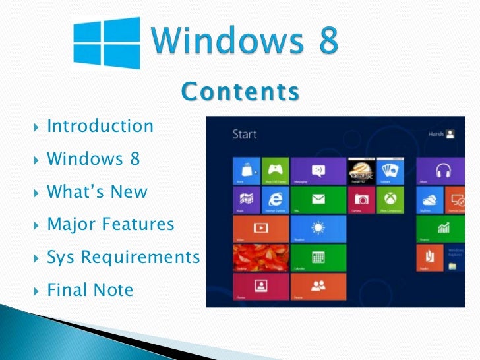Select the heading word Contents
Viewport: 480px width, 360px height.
pos(240,92)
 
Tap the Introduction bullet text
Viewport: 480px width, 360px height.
pos(100,125)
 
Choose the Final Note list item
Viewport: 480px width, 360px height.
pos(90,289)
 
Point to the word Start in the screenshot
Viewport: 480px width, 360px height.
pos(245,135)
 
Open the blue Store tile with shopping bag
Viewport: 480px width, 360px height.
pos(247,170)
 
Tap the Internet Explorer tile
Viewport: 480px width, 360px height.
pos(275,199)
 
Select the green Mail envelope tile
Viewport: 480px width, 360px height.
pos(318,199)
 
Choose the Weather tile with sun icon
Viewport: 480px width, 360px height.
pos(318,228)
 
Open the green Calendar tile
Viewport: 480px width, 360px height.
pos(318,257)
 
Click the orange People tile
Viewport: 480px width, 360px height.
pos(318,286)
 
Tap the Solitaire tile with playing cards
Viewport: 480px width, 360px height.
pos(390,170)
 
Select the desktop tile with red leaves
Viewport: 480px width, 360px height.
pos(261,257)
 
